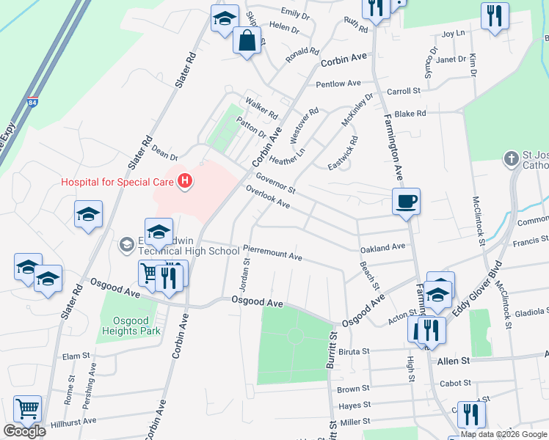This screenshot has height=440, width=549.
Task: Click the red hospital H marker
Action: (x=186, y=180)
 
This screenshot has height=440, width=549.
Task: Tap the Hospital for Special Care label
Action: (x=117, y=182)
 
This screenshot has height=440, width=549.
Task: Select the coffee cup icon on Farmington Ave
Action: (x=406, y=200)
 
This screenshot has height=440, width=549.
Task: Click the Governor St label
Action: (x=275, y=183)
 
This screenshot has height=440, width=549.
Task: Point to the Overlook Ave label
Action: (x=268, y=197)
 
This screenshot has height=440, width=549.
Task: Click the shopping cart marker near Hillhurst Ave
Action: (x=27, y=408)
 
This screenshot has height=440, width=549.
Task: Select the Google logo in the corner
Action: (x=24, y=431)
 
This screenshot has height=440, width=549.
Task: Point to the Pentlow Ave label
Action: (x=338, y=84)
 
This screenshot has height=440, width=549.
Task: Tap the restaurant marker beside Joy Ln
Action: (x=495, y=15)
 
